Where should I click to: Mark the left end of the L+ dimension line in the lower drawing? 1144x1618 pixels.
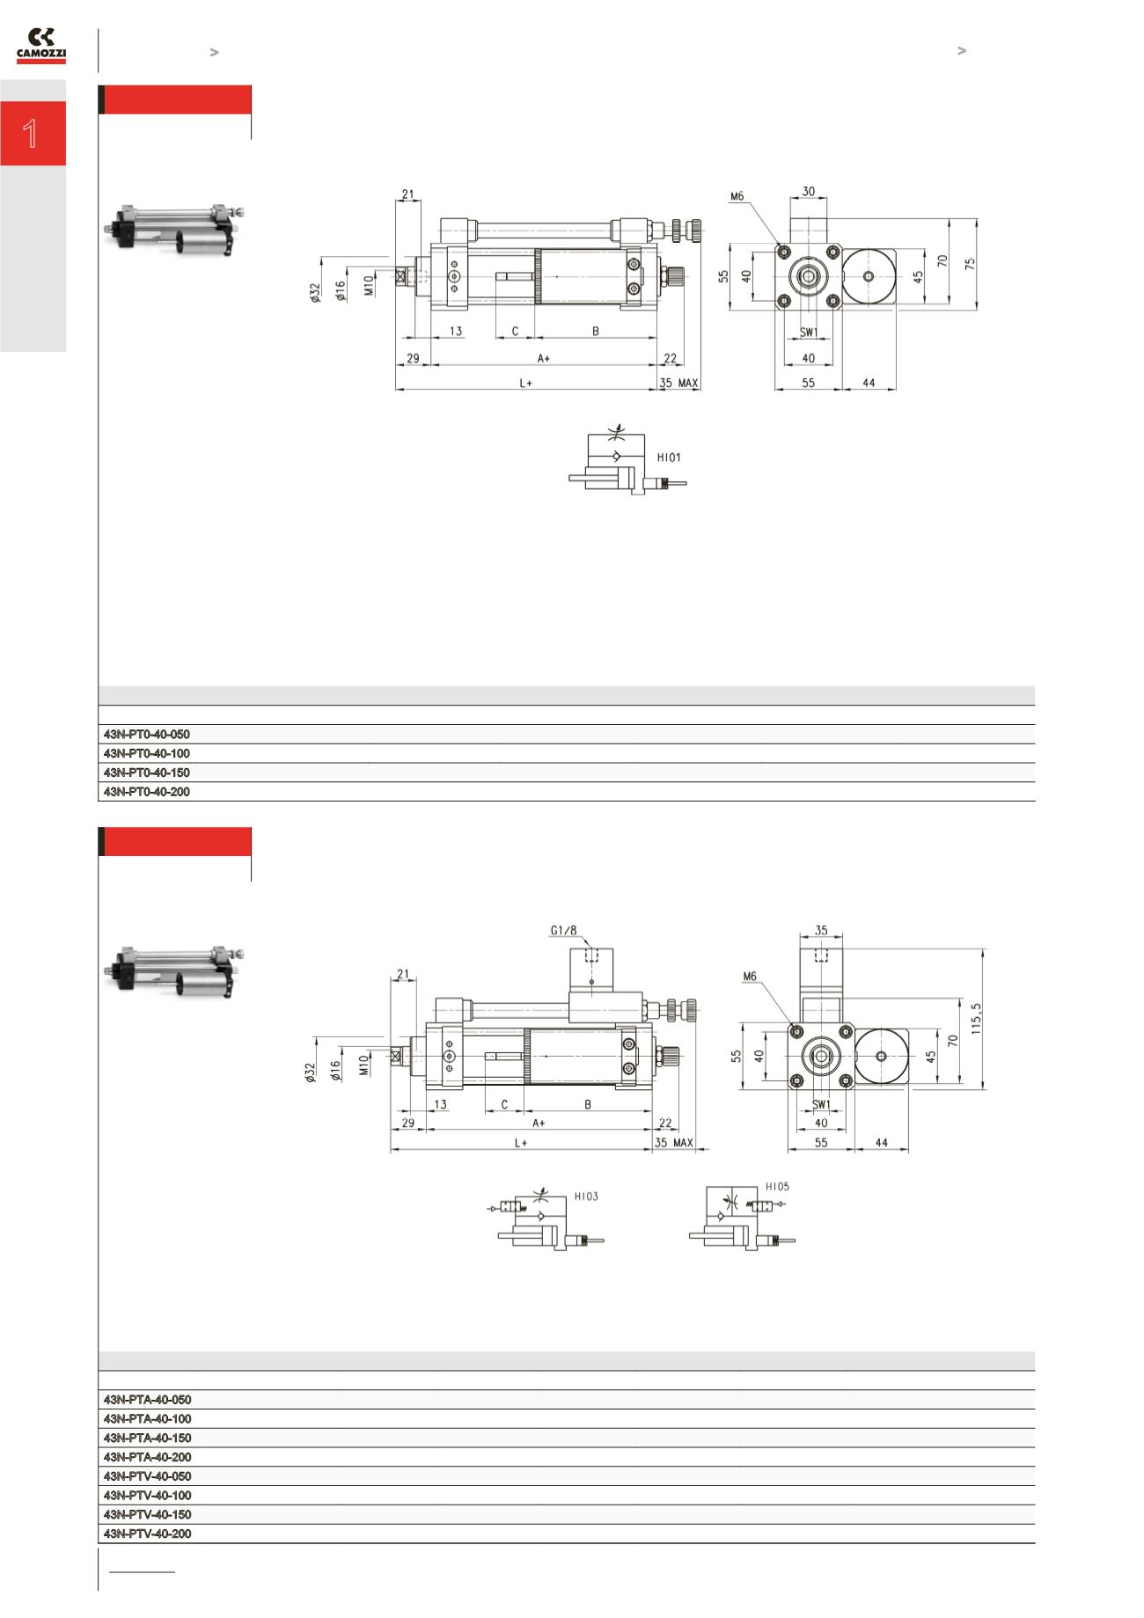click(x=391, y=1149)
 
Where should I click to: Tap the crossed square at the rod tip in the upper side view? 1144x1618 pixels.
click(x=401, y=276)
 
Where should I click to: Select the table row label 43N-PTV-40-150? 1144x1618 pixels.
click(x=147, y=1514)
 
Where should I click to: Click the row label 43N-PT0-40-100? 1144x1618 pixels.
click(x=147, y=753)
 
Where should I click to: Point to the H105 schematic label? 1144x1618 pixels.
click(x=777, y=1186)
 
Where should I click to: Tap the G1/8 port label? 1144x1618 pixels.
click(x=564, y=930)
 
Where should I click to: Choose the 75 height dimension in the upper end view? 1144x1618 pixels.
click(x=971, y=263)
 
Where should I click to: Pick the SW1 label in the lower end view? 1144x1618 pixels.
click(x=820, y=1104)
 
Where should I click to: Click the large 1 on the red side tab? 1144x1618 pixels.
click(x=31, y=134)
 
